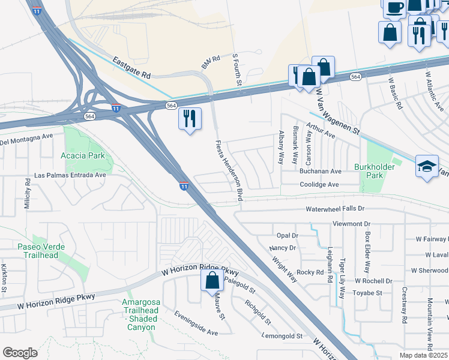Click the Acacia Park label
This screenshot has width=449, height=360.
(83, 155)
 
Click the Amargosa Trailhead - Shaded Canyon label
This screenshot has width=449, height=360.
(140, 314)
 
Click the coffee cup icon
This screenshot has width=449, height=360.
(394, 8)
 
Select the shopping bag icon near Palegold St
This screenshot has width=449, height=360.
(212, 280)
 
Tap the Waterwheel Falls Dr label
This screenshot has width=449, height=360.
(335, 209)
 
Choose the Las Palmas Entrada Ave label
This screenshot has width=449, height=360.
(70, 175)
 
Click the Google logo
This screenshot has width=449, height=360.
(20, 353)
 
